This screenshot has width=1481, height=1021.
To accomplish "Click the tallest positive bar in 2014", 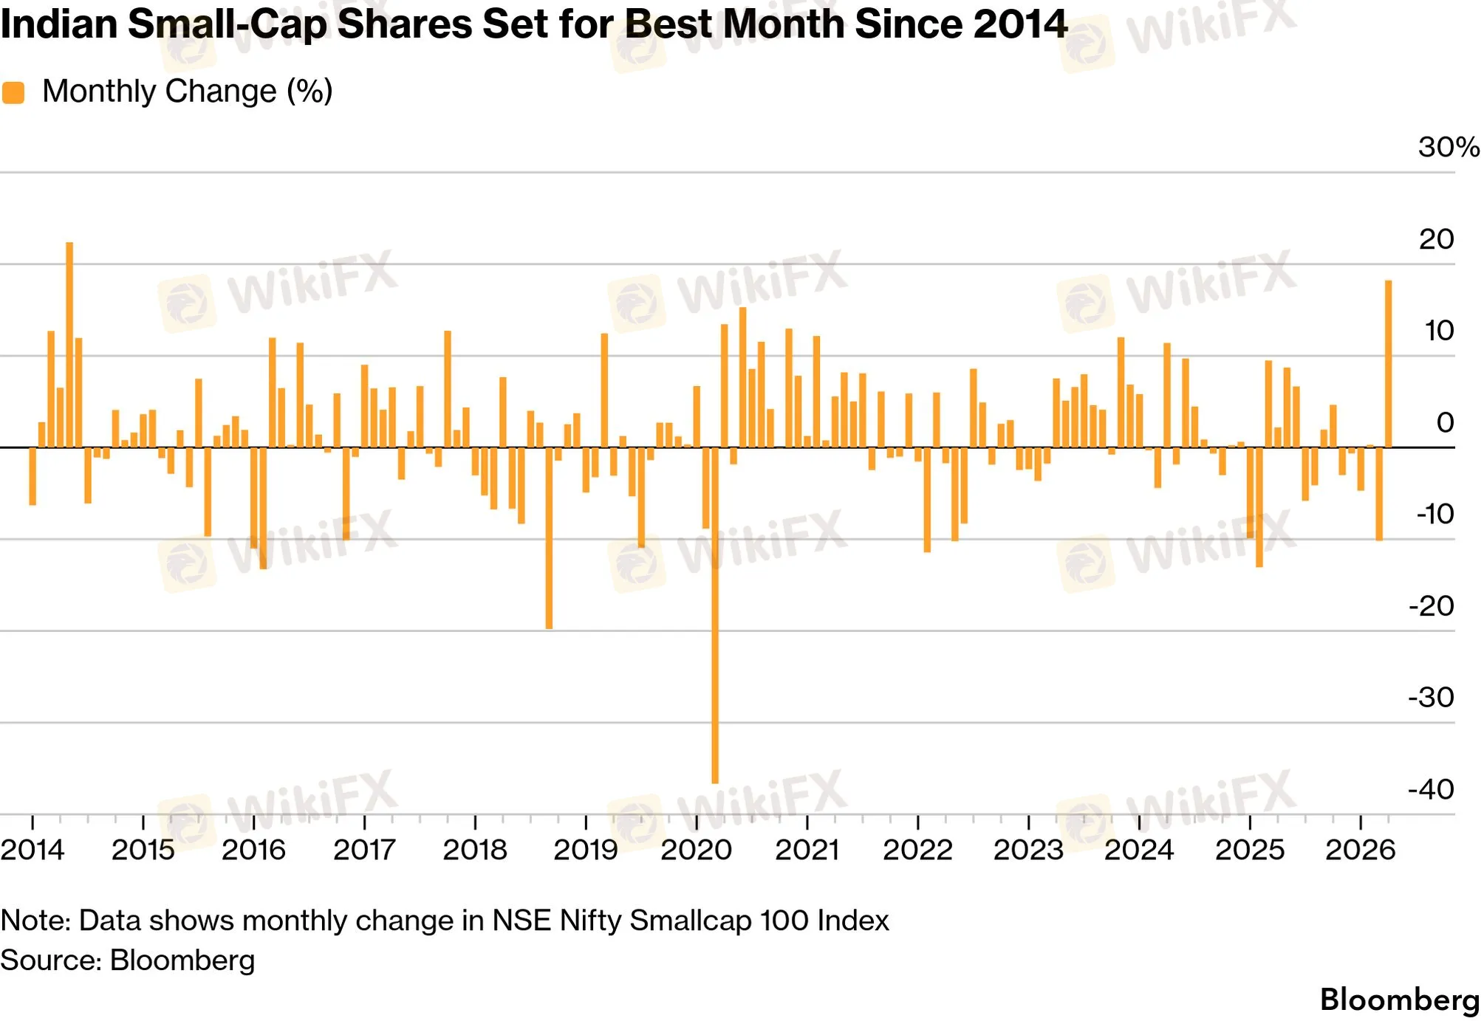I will coord(69,345).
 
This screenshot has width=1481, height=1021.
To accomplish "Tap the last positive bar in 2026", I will coord(1388,364).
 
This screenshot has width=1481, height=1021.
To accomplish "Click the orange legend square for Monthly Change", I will coord(13,93).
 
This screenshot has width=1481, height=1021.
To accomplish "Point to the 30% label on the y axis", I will coord(1448,147).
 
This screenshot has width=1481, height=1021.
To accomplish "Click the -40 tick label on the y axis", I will coord(1431,789).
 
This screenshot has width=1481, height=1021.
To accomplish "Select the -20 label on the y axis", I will coord(1431,606).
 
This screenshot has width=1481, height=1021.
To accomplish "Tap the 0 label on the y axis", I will coord(1445,422).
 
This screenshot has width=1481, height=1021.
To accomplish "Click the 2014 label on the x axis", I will coord(33,850).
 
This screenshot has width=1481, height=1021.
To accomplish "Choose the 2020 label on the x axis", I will coord(696,850).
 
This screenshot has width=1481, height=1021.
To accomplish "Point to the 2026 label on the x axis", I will coord(1360,850).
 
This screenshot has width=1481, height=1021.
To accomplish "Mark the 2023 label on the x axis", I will coord(1028,850).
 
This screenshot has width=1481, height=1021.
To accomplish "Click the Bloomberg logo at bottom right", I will coord(1400,1000).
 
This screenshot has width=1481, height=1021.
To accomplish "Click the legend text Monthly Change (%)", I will coord(188,92).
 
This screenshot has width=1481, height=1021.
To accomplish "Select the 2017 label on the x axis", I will coord(364,850).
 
